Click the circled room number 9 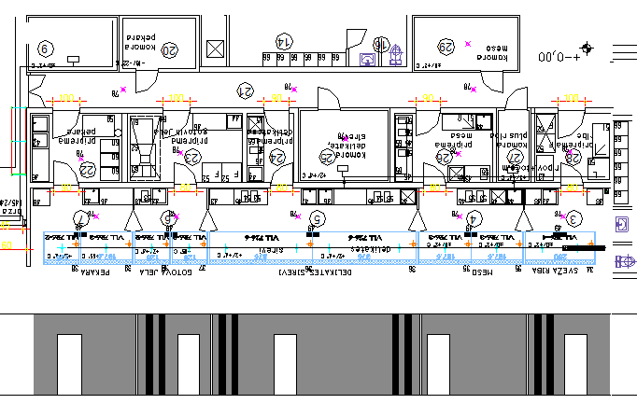click(44, 49)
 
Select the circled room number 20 click(169, 50)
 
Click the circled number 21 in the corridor click(246, 91)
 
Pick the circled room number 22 click(87, 169)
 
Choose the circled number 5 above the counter click(318, 218)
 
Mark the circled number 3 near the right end click(574, 218)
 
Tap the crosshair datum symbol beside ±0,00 click(587, 48)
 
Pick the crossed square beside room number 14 click(217, 49)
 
